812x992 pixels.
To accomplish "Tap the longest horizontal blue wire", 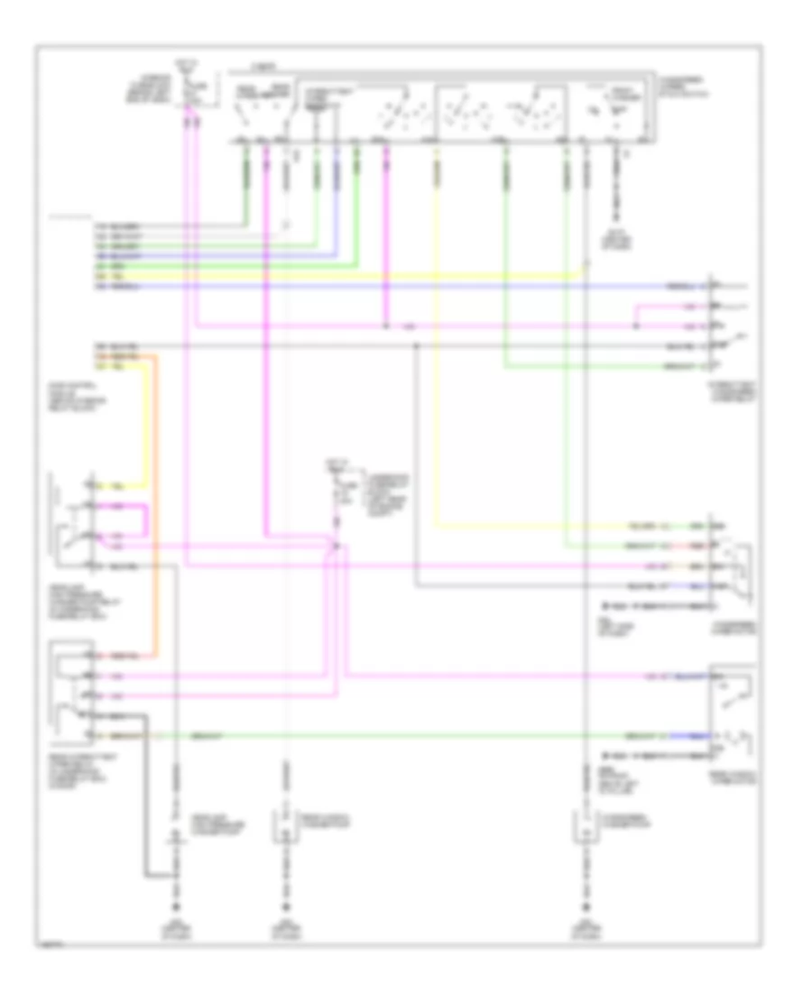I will pos(406,287).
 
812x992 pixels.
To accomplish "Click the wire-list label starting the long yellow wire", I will pos(101,274).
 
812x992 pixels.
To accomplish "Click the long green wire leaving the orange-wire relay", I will pos(406,735).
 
